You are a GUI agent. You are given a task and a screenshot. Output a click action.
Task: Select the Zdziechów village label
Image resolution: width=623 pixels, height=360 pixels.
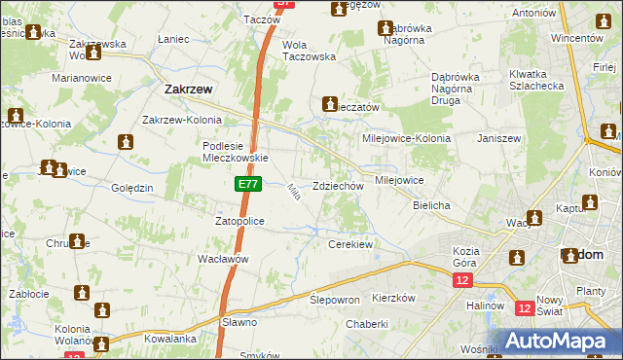click(338, 186)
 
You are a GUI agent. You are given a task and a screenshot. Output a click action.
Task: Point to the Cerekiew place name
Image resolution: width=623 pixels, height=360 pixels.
click(350, 244)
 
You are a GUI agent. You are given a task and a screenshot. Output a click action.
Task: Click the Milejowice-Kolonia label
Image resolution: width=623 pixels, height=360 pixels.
click(406, 138)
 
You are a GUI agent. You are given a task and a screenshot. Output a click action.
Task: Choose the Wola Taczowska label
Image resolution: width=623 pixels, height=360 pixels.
click(308, 51)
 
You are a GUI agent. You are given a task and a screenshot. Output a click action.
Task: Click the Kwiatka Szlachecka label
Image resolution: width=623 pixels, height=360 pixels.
click(534, 81)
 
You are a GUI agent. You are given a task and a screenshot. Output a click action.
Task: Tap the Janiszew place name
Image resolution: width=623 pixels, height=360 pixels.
click(499, 138)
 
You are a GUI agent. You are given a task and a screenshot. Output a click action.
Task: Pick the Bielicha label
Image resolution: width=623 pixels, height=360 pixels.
click(430, 206)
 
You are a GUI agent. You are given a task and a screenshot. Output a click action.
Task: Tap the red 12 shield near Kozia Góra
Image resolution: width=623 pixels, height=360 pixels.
click(461, 280)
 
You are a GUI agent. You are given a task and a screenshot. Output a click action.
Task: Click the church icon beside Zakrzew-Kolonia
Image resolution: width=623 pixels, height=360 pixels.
click(125, 143)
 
